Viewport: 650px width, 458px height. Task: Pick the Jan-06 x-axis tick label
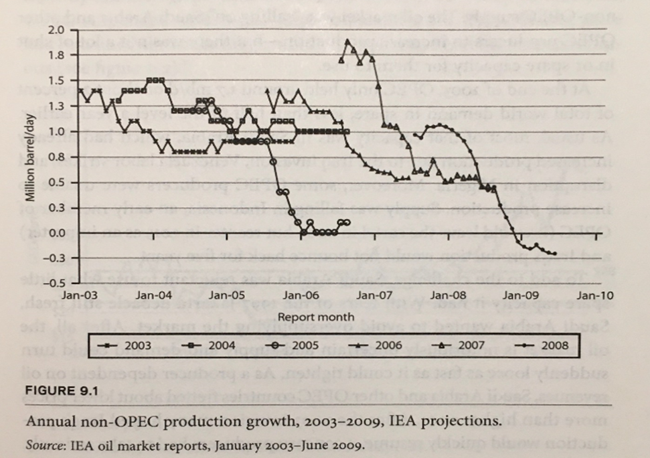point(303,295)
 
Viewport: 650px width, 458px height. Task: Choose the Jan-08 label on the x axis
point(449,295)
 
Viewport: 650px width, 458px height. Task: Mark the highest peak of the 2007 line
point(347,42)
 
